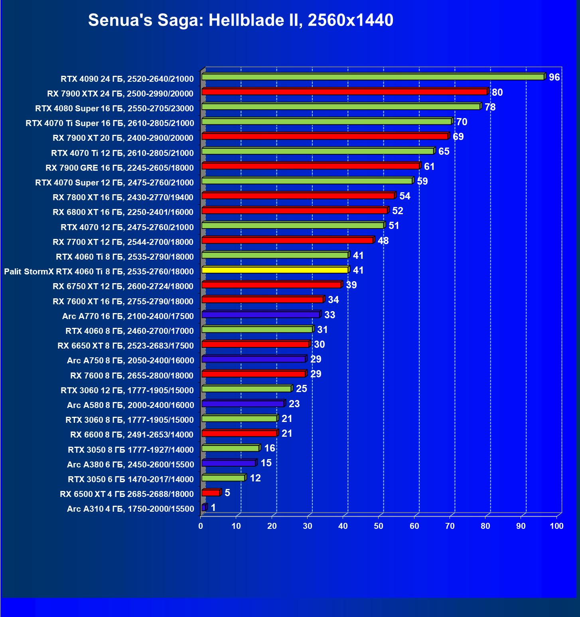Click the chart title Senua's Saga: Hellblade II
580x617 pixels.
click(241, 20)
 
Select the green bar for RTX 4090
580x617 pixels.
click(373, 77)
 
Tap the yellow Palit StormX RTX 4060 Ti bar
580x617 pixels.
click(275, 270)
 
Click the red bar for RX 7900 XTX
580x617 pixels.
click(344, 92)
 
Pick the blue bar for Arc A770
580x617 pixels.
click(261, 315)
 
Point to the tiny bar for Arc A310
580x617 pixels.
click(204, 508)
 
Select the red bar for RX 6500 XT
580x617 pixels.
click(211, 493)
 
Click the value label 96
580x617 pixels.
click(554, 77)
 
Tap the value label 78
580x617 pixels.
click(490, 107)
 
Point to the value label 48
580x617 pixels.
click(383, 241)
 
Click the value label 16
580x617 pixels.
click(270, 448)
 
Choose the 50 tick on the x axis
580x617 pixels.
click(379, 526)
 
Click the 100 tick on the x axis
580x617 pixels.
click(556, 526)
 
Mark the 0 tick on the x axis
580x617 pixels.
click(201, 526)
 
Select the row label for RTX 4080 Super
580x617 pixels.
click(114, 108)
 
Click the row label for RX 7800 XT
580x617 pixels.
click(123, 197)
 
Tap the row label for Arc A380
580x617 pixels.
click(130, 465)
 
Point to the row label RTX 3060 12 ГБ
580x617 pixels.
click(127, 390)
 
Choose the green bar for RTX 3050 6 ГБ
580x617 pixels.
click(223, 478)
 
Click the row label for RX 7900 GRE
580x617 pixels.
click(120, 168)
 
